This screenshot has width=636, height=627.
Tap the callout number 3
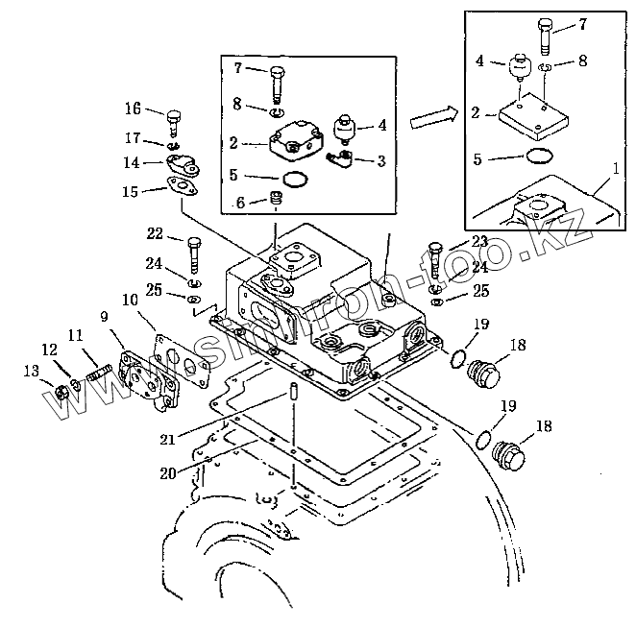[x=381, y=161]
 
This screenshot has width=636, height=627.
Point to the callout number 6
[x=240, y=204]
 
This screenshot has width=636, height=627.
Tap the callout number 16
[x=133, y=108]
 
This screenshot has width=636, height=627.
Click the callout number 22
[x=153, y=233]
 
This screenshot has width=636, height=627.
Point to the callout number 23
[x=479, y=241]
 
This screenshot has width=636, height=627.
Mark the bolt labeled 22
[x=194, y=252]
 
